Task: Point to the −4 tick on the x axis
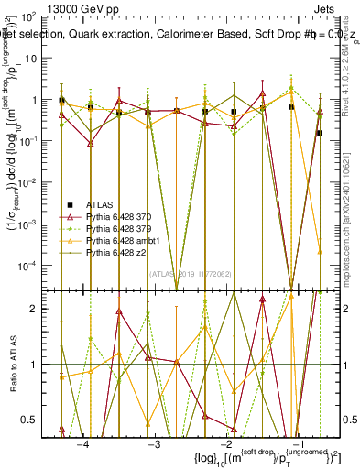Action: pyautogui.click(x=82, y=443)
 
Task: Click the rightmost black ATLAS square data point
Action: pyautogui.click(x=320, y=133)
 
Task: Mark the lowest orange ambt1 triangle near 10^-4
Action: pyautogui.click(x=320, y=250)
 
